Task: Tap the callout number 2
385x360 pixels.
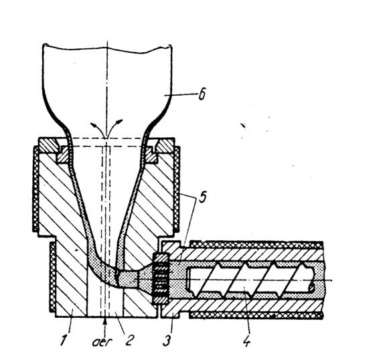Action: click(129, 340)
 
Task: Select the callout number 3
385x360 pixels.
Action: click(167, 340)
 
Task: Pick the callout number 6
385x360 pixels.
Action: click(202, 94)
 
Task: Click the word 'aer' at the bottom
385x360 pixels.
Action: click(102, 342)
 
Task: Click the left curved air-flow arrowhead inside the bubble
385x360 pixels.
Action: click(93, 124)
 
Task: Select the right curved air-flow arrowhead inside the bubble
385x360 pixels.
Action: click(119, 122)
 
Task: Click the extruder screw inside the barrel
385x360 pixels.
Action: click(250, 280)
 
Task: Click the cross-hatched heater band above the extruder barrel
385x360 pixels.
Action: click(256, 245)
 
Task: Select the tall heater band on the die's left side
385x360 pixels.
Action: click(36, 189)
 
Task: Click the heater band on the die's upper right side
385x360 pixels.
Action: click(177, 189)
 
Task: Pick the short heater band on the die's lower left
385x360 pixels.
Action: click(53, 276)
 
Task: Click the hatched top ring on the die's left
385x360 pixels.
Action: click(48, 145)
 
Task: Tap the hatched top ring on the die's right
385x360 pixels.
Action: click(165, 145)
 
